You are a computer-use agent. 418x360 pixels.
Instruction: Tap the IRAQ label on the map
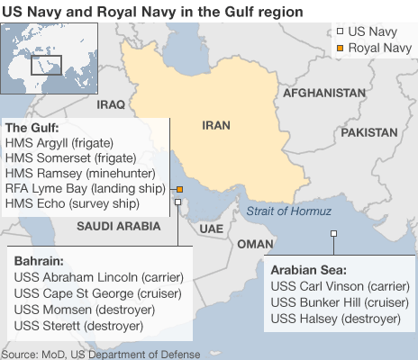tap(111, 104)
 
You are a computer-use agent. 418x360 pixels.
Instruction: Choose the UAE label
tap(211, 229)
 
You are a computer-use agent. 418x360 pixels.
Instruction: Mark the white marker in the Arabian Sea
tap(333, 234)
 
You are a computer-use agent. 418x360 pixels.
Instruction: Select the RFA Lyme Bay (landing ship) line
tap(85, 189)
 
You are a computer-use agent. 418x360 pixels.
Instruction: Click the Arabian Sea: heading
tap(309, 269)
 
